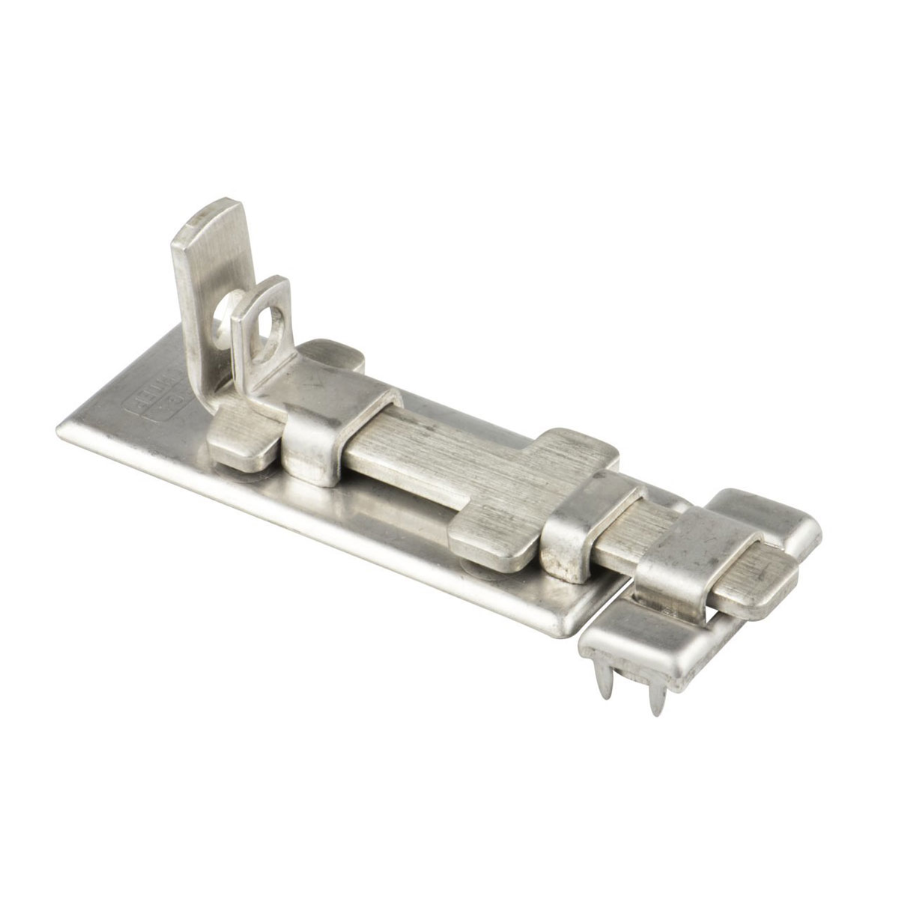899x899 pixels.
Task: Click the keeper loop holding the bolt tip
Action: (674, 554)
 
